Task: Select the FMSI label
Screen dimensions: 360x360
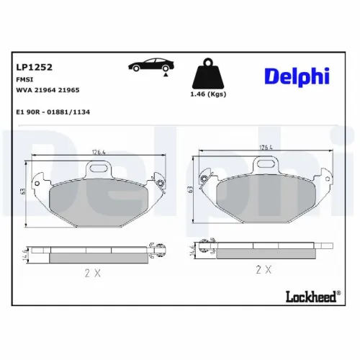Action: click(x=24, y=79)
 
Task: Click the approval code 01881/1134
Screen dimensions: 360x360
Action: click(x=70, y=112)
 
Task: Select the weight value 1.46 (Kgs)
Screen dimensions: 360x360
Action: click(x=207, y=94)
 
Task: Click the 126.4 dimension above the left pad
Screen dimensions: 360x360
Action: click(x=99, y=152)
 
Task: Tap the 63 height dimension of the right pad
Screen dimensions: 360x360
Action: click(x=189, y=190)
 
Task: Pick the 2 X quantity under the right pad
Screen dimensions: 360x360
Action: click(x=264, y=269)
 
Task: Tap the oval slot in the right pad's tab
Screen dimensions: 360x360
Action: click(x=269, y=166)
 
